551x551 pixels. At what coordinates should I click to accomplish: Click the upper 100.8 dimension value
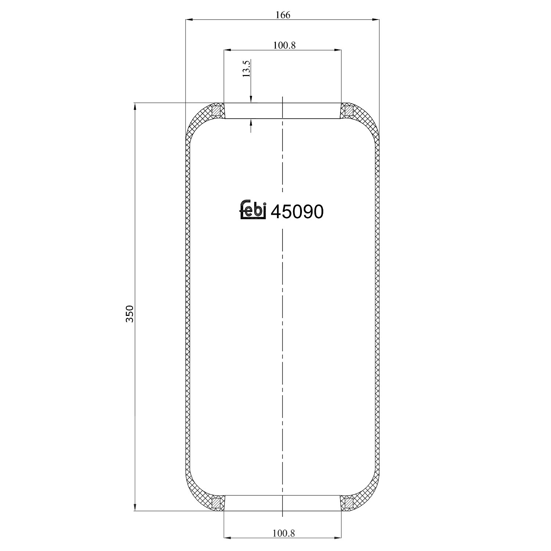(x=284, y=45)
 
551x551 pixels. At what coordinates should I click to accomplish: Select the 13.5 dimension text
(x=246, y=68)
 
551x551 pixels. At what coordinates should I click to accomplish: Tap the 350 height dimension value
(x=129, y=314)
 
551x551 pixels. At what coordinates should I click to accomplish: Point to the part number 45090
(x=297, y=212)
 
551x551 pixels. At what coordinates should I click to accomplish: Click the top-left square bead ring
(x=217, y=110)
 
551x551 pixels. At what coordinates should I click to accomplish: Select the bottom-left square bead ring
(x=217, y=502)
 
